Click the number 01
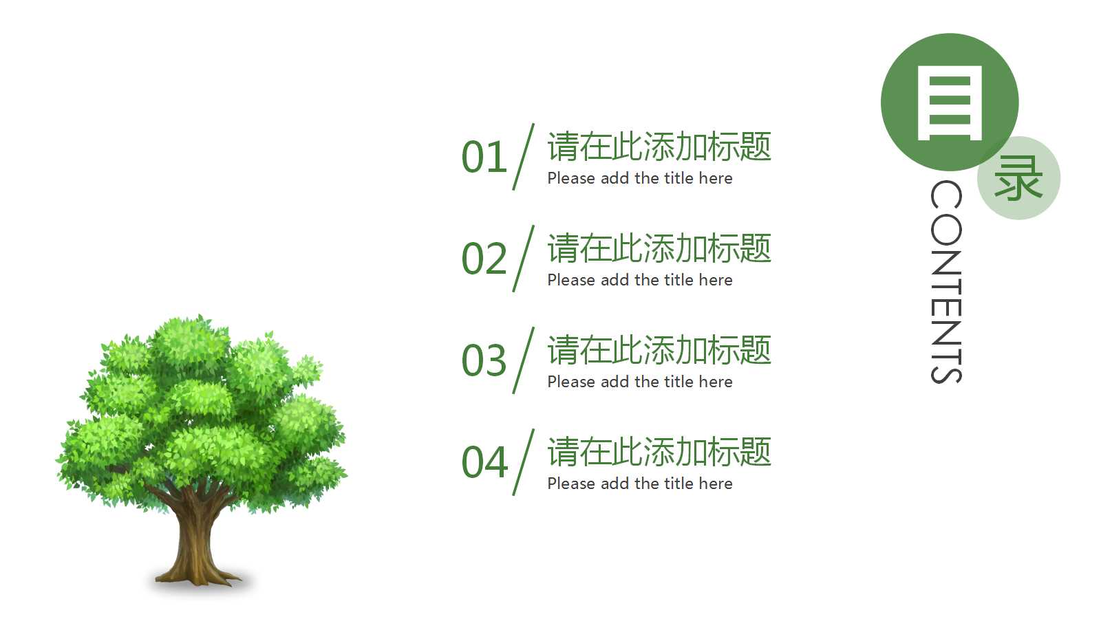coord(484,158)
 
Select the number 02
coord(484,259)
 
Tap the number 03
coord(484,361)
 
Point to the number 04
coord(484,463)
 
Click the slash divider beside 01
coord(524,157)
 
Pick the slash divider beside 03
coord(524,360)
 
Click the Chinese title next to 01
coord(659,146)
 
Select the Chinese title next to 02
coord(659,248)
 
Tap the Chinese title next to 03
coord(659,350)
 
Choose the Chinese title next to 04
coord(659,452)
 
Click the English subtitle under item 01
coord(639,178)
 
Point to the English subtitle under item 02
coord(639,280)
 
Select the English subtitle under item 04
coord(639,484)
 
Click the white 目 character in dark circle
coord(949,103)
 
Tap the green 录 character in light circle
coord(1018,178)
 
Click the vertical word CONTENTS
coord(946,282)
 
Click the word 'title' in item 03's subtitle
coord(678,382)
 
